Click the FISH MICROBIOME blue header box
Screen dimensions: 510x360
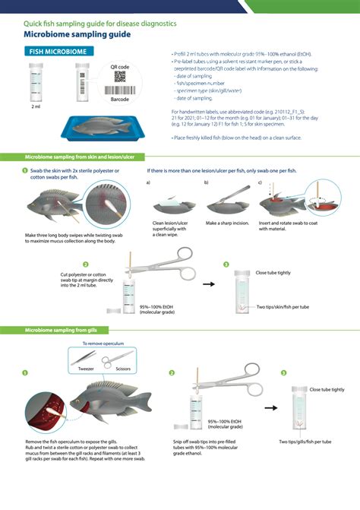click(x=61, y=51)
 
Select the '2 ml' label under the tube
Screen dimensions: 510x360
click(x=36, y=106)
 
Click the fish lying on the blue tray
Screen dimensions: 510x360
click(x=102, y=125)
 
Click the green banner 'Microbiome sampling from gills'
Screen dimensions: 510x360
click(x=66, y=331)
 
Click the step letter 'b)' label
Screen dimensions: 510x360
click(x=206, y=183)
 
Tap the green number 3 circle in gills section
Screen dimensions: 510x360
click(x=283, y=373)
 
